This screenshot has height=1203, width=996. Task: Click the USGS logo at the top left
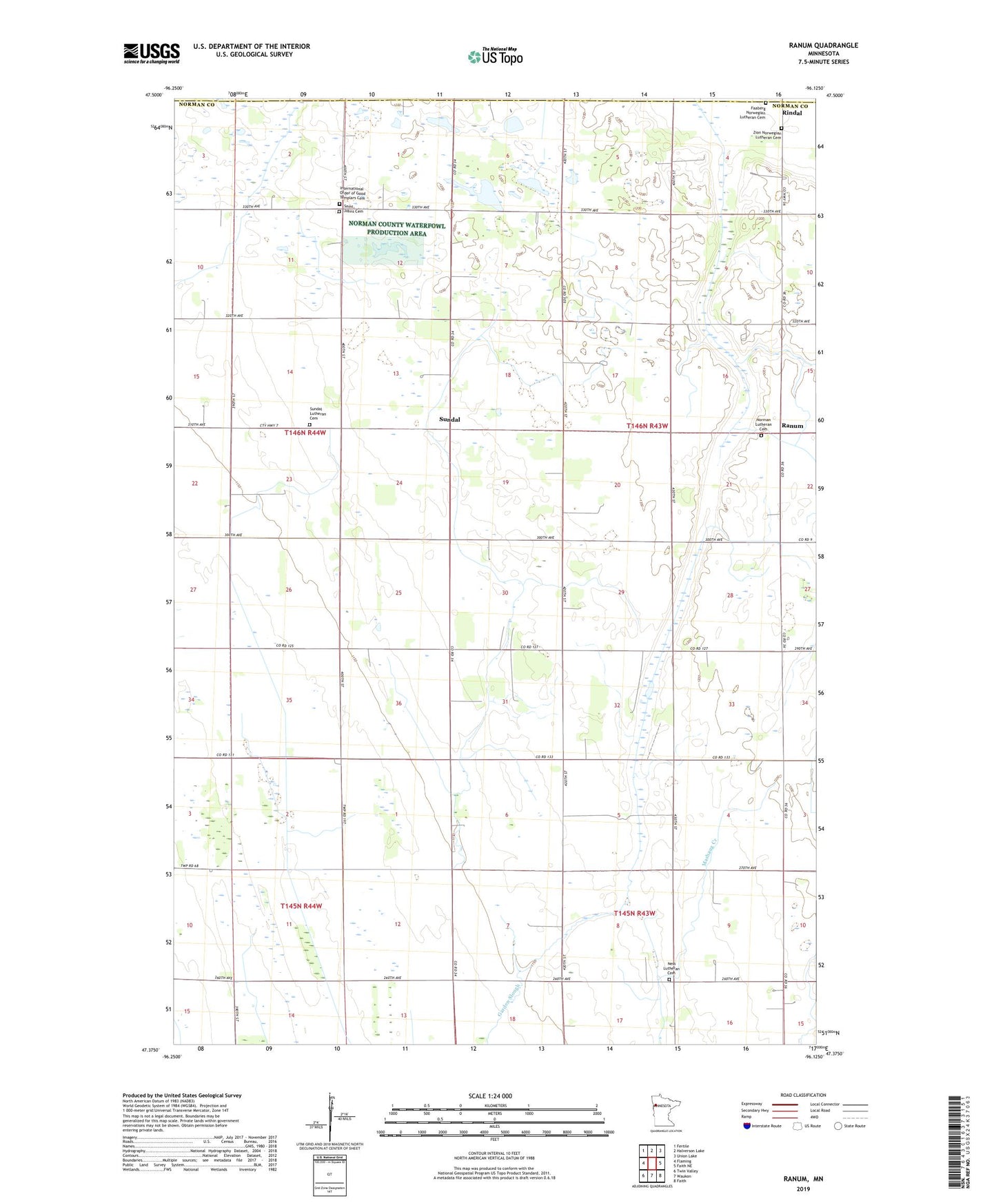[x=152, y=52]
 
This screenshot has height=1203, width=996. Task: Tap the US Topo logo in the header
[x=495, y=56]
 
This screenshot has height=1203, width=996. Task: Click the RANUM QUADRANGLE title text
[x=823, y=45]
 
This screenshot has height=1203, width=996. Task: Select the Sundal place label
[x=449, y=419]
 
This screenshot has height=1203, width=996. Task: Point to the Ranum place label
[x=792, y=426]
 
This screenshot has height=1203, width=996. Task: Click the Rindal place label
[x=791, y=113]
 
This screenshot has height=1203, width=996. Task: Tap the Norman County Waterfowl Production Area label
[x=396, y=229]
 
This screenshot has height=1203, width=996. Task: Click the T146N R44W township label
[x=305, y=433]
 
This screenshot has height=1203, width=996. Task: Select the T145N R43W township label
[x=634, y=914]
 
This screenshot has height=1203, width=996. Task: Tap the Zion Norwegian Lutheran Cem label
[x=766, y=134]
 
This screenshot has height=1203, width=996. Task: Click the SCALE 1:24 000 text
[x=490, y=1096]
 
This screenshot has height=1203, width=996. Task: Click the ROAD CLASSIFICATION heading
[x=803, y=1095]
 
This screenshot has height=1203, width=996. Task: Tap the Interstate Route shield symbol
[x=747, y=1126]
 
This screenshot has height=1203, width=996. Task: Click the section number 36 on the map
[x=398, y=703]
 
